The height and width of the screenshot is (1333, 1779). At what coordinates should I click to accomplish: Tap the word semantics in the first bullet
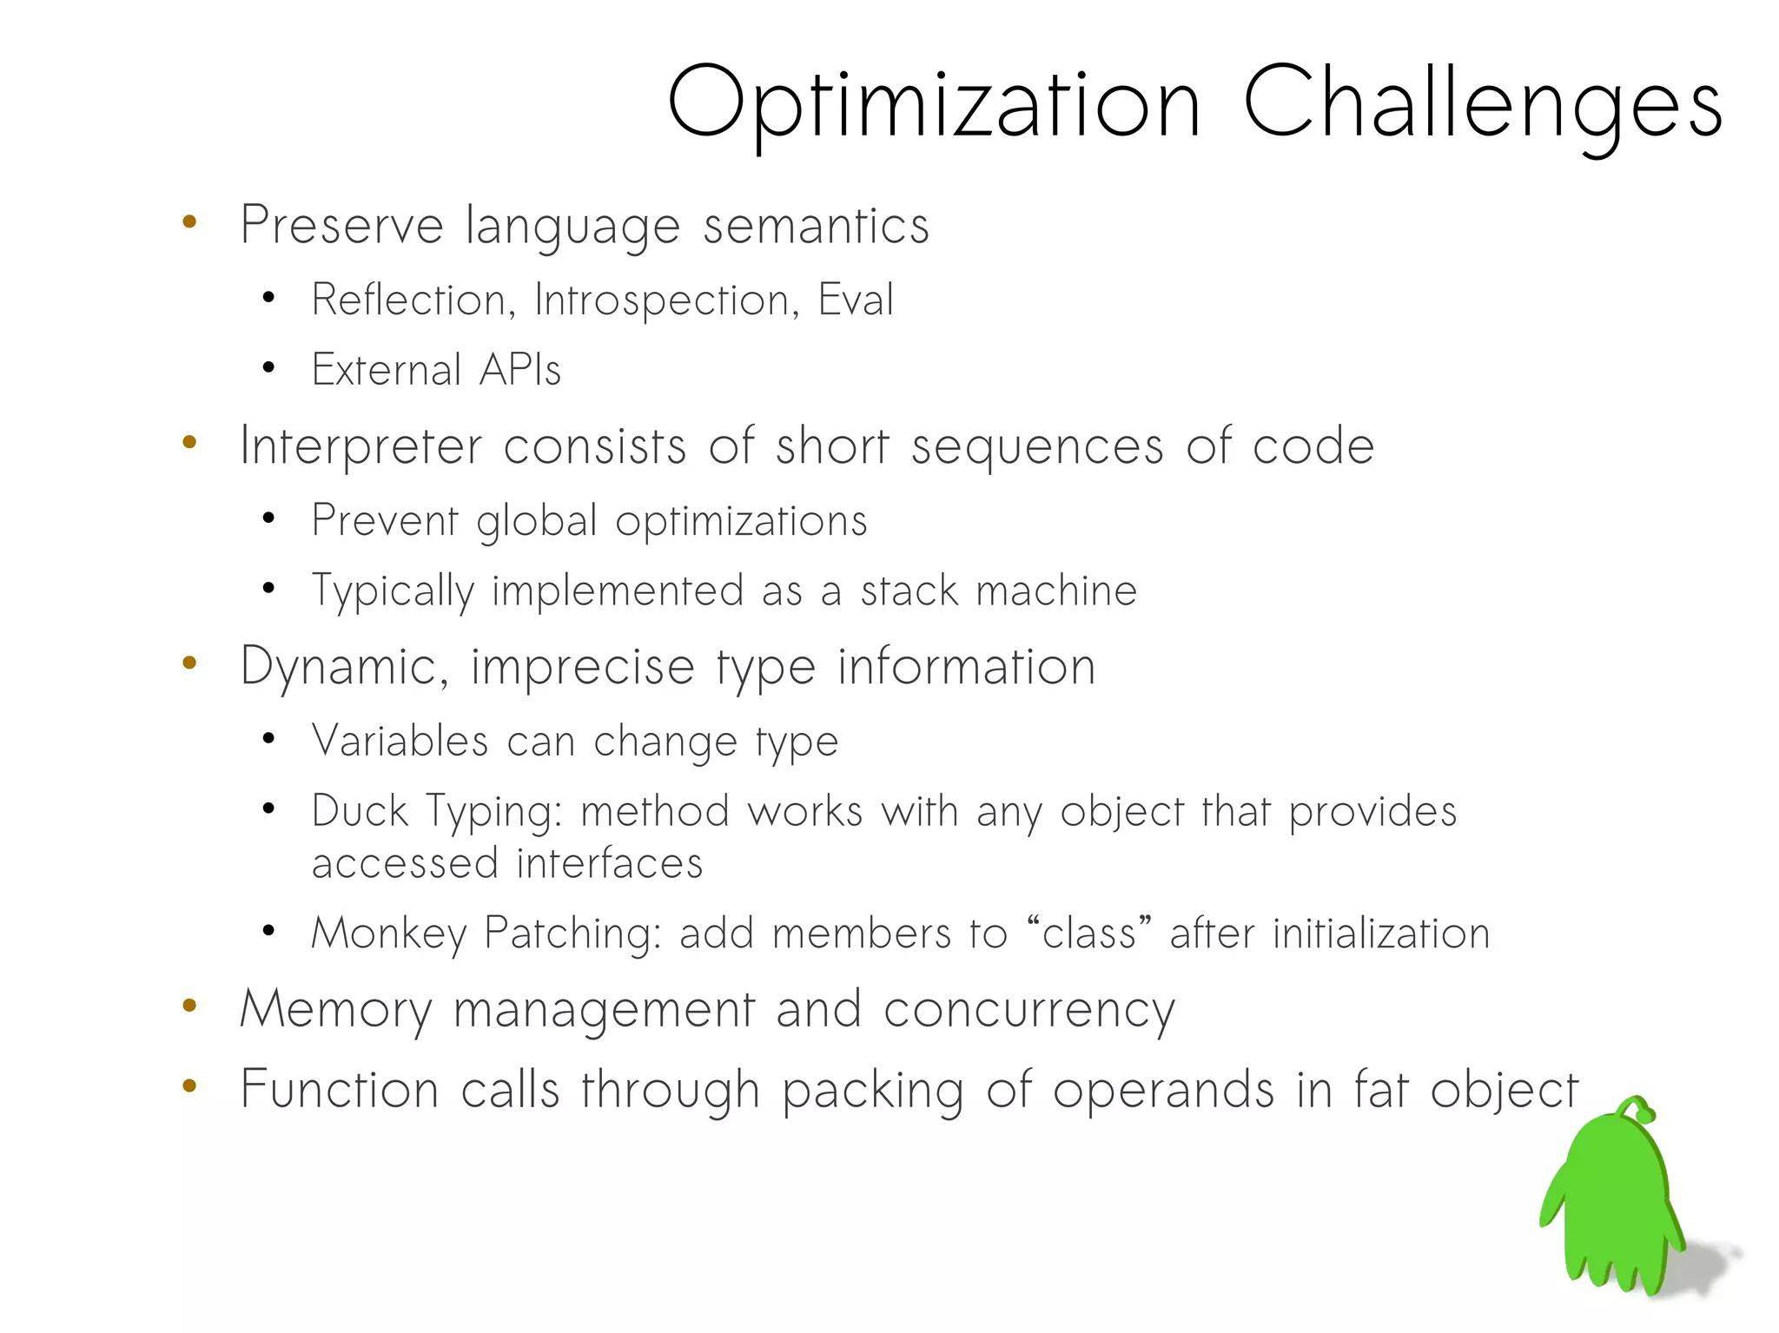(x=816, y=226)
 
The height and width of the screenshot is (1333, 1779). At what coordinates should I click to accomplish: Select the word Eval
(x=856, y=300)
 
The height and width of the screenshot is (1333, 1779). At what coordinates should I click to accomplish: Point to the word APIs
(x=520, y=370)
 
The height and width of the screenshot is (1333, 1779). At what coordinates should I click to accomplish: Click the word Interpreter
(x=360, y=446)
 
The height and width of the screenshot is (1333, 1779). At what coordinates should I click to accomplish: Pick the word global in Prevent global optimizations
(x=536, y=521)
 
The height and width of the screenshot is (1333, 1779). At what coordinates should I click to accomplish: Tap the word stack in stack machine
(x=909, y=591)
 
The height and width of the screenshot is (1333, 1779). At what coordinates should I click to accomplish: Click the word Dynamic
(x=343, y=667)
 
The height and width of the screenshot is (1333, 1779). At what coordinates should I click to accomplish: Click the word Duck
(x=359, y=811)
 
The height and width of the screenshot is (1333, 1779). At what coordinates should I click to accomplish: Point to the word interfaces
(x=609, y=864)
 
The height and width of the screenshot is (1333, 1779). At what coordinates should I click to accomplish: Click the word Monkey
(x=388, y=934)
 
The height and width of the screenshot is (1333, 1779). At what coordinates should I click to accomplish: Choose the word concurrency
(x=1028, y=1011)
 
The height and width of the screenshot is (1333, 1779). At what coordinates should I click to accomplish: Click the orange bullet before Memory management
(x=189, y=1006)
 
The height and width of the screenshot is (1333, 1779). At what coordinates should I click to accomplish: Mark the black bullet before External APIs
(x=268, y=368)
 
